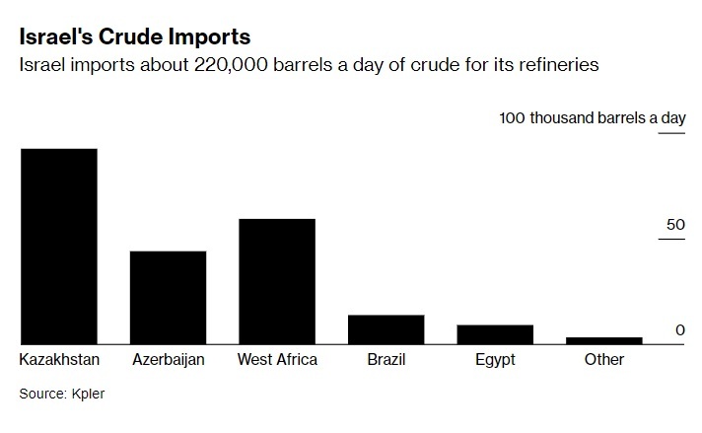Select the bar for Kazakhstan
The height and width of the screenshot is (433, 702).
pos(59,246)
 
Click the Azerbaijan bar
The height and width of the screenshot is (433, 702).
pos(168,297)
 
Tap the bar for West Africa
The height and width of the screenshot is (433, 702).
pos(277,281)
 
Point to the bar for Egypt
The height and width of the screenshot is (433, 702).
pos(495,333)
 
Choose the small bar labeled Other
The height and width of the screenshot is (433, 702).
pos(603,340)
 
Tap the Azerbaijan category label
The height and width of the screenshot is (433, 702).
pos(168,360)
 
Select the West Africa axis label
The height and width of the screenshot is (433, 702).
pos(277,360)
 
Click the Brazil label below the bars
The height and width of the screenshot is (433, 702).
pos(386,360)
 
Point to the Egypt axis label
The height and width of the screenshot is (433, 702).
pos(495,360)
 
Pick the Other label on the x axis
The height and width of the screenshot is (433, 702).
pos(603,360)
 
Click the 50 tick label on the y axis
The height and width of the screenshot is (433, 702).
pos(674,225)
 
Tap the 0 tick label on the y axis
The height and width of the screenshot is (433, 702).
pos(679,329)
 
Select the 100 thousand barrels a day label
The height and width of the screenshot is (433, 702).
pos(592,118)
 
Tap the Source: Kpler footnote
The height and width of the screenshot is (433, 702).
pos(61,394)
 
